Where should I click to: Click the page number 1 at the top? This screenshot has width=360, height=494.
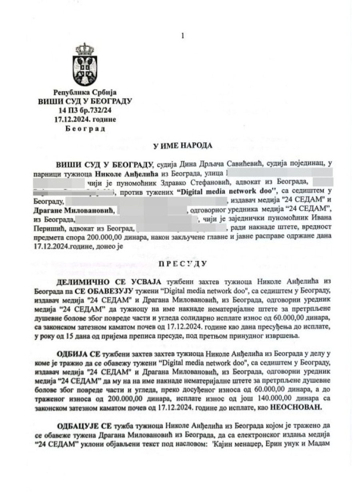click(182, 36)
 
